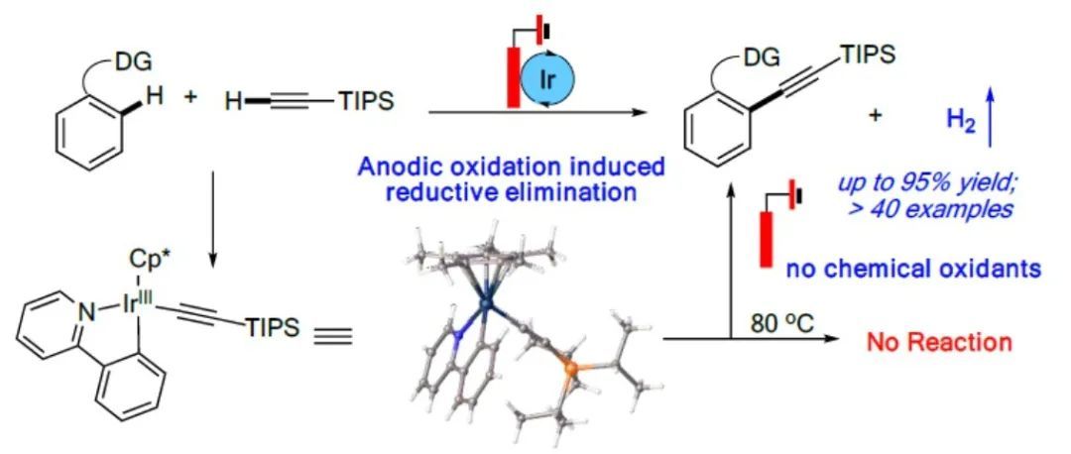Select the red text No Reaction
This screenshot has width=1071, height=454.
pyautogui.click(x=939, y=343)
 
